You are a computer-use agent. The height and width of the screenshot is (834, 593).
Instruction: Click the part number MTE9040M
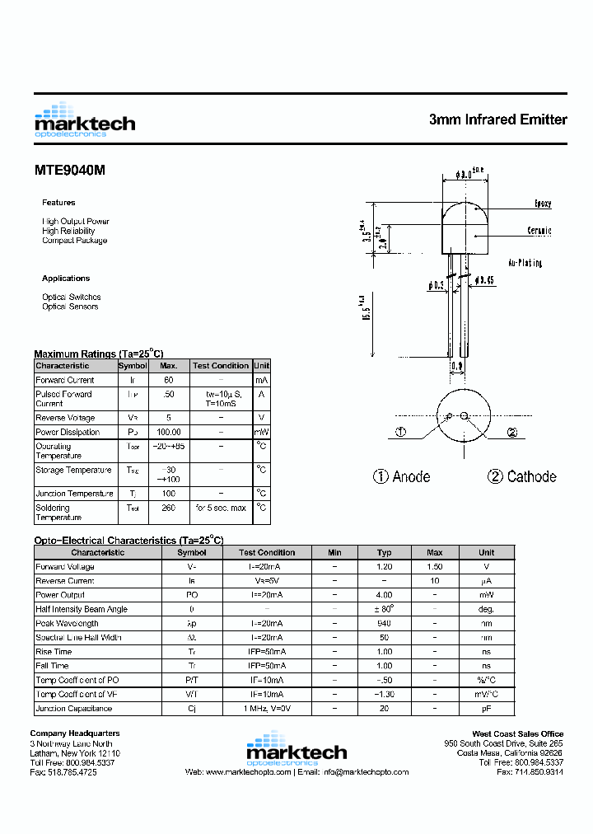point(70,171)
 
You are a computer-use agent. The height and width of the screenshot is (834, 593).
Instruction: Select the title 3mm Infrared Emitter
point(497,119)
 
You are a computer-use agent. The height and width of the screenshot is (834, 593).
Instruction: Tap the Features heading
point(58,203)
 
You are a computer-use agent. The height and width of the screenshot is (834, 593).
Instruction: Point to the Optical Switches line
point(72,297)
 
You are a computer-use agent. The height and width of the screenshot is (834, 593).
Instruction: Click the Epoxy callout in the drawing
point(543,204)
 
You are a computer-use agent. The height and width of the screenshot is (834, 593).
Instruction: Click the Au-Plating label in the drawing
point(525,263)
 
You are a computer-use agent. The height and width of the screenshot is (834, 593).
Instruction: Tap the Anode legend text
point(402,476)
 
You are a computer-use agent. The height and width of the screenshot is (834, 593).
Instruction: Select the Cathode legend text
point(521,476)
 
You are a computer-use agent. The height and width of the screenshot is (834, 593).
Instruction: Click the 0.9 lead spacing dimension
point(456,366)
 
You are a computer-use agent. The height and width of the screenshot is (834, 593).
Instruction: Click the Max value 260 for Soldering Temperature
point(169,508)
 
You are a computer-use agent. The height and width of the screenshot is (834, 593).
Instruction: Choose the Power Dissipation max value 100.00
point(169,432)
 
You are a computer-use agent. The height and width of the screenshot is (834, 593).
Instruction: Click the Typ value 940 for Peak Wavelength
point(384,623)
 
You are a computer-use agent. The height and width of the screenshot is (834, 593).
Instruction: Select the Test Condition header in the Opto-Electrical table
point(267,552)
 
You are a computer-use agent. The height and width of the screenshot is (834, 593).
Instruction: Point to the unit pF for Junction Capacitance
point(487,708)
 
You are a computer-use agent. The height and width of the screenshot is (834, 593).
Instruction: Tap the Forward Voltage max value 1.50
point(435,567)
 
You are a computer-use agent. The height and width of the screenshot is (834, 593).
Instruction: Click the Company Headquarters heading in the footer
point(75,733)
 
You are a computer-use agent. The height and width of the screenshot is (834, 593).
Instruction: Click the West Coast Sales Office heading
point(517,733)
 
